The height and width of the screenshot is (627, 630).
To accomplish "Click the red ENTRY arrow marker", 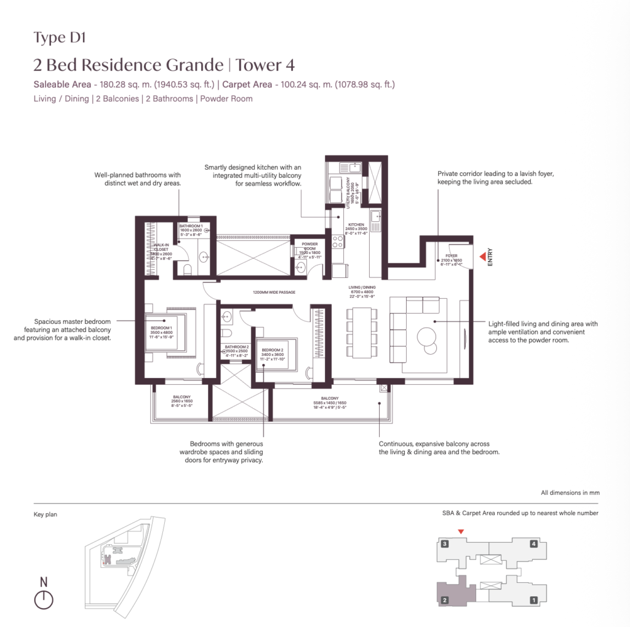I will point(482,255).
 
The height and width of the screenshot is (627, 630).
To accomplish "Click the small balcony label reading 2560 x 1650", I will point(181,401).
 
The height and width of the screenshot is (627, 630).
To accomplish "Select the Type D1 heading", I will point(60,38).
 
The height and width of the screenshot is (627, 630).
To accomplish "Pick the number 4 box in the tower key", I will point(534,543).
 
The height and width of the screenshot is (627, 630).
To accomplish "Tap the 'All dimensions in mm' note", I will point(570,492).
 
